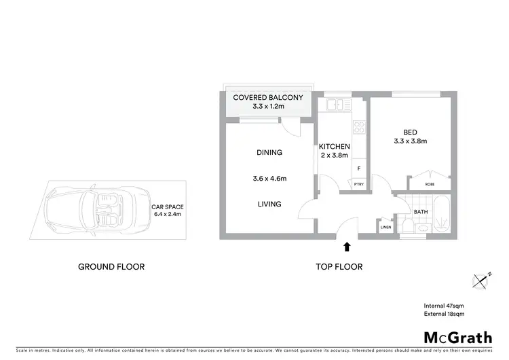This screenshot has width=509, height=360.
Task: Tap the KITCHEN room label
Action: click(334, 146)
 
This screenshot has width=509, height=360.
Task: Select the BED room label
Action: click(410, 132)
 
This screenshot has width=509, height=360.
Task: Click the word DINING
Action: click(269, 153)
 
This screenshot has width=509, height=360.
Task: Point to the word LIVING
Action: click(269, 204)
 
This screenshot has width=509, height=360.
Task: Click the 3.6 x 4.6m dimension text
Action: click(269, 179)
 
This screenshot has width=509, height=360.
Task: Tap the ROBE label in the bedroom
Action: click(430, 183)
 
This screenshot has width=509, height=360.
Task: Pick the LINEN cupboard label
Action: click(386, 227)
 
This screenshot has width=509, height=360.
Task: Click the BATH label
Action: click(421, 212)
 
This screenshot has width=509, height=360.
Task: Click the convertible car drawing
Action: click(101, 206)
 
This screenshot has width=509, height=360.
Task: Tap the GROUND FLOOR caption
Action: click(111, 267)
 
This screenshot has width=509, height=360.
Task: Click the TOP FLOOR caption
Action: click(339, 267)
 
